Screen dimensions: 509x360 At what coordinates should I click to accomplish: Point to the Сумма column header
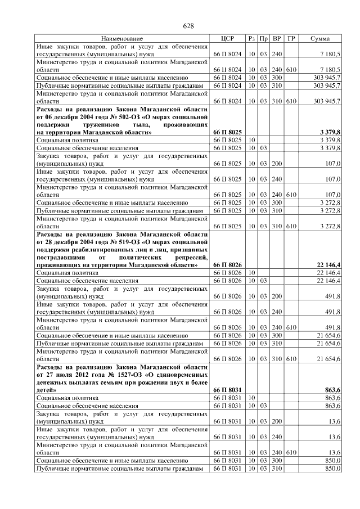[x=323, y=38]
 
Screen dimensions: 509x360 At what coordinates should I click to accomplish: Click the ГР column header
[x=291, y=38]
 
